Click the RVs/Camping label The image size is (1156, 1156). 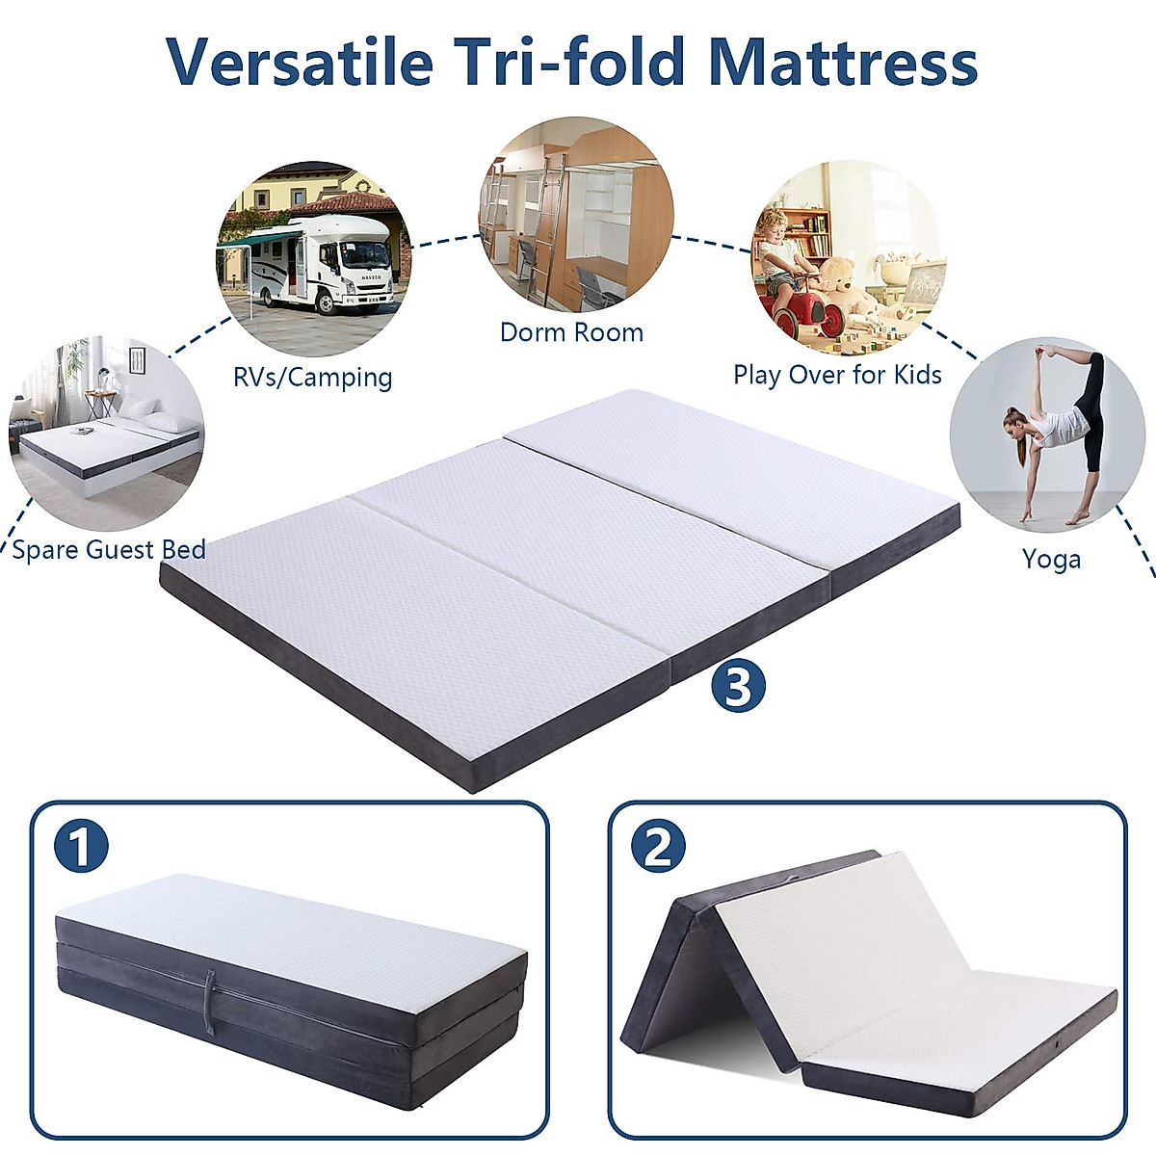tap(312, 377)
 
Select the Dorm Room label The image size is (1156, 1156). tap(571, 332)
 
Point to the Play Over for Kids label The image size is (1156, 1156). tap(837, 375)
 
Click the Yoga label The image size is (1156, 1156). tap(1051, 560)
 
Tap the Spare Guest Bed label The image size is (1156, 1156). tap(109, 550)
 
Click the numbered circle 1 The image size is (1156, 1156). tap(81, 847)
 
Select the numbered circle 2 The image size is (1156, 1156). tap(658, 847)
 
